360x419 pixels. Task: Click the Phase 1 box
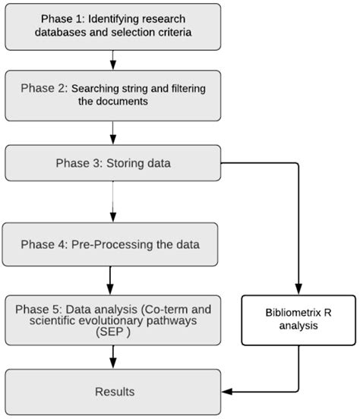112,28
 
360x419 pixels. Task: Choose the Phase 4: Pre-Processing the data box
112,245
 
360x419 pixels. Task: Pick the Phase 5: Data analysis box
112,320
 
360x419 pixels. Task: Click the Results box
112,392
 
